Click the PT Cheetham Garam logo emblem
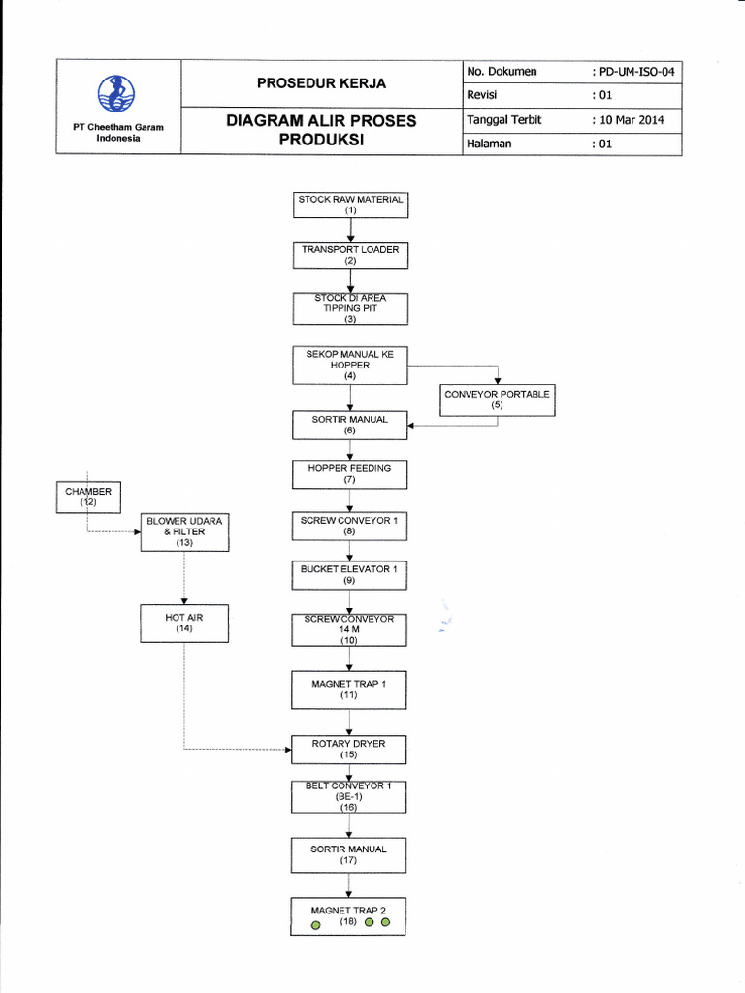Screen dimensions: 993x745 coord(117,94)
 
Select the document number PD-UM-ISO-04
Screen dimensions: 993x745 coord(635,72)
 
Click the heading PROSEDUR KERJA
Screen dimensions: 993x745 coord(321,83)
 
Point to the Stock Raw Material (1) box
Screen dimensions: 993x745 coord(350,205)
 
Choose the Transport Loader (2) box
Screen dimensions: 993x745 coord(350,255)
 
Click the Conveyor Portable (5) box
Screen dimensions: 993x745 coord(497,400)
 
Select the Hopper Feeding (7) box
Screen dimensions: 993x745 coord(350,474)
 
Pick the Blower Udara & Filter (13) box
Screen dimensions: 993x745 coord(184,531)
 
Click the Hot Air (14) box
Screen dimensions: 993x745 coord(184,623)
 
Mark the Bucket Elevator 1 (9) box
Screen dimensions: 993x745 coord(350,575)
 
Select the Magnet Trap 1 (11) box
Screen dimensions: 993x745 coord(350,689)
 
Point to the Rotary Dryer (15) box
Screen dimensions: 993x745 coord(350,750)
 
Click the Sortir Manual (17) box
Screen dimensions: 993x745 coord(350,854)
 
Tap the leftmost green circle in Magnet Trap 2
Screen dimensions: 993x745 coord(315,926)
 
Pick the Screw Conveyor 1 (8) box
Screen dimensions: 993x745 coord(350,526)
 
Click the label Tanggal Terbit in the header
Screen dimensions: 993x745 coord(504,120)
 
